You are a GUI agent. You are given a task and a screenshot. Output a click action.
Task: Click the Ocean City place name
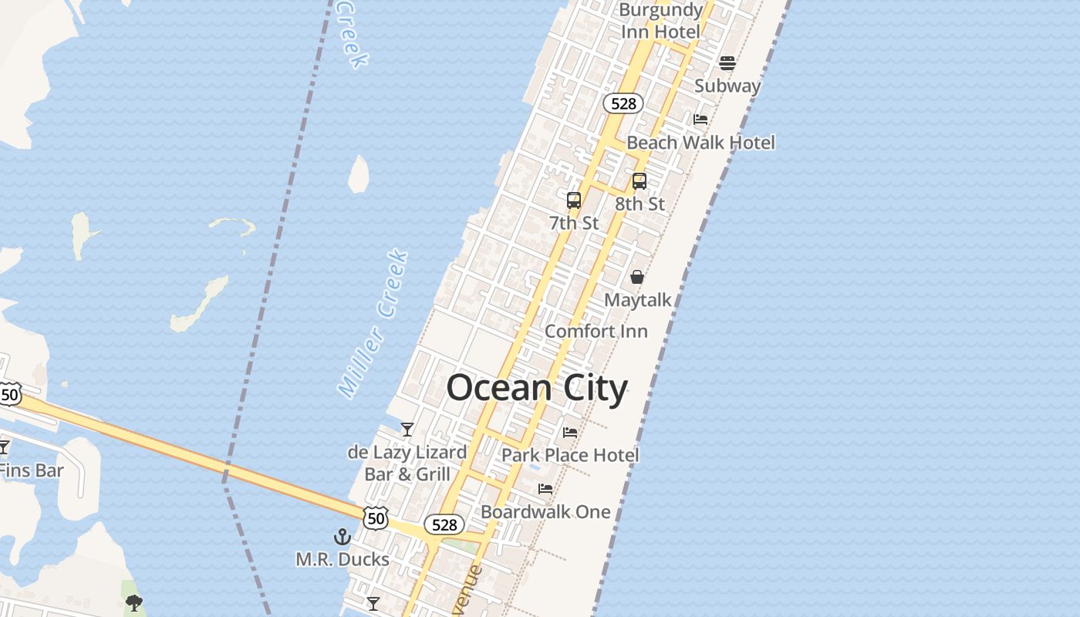click(x=537, y=387)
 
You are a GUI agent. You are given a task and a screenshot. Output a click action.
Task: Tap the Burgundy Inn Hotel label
click(x=660, y=21)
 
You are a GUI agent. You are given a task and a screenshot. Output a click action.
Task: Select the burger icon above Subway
click(x=727, y=63)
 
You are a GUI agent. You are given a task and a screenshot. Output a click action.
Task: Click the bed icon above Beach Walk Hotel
click(x=700, y=120)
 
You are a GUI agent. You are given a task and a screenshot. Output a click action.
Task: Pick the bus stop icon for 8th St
click(x=639, y=181)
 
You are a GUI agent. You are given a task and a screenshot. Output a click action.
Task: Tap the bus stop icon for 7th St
click(x=573, y=201)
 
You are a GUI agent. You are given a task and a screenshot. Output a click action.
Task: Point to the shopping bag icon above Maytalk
click(x=637, y=276)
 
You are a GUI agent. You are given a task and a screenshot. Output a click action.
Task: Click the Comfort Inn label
click(x=596, y=331)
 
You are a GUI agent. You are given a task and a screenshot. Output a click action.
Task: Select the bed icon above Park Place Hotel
click(x=570, y=432)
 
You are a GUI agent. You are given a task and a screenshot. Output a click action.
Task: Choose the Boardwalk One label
click(x=545, y=511)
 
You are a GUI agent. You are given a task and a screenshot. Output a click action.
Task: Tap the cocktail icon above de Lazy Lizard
click(x=407, y=429)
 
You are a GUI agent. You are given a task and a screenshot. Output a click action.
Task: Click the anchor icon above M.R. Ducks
click(x=342, y=536)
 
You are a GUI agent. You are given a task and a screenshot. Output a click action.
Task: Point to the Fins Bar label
click(x=31, y=470)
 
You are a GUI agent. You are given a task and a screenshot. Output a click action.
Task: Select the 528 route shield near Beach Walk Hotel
click(x=623, y=103)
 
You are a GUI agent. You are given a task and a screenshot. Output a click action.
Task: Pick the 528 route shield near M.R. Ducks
click(x=444, y=525)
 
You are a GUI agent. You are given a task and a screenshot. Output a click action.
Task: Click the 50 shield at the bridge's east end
click(x=375, y=518)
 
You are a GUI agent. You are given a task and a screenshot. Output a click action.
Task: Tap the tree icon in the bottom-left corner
click(x=133, y=602)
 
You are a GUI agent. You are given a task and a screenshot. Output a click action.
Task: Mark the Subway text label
click(x=727, y=86)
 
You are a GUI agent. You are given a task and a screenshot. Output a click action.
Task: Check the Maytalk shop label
click(x=637, y=300)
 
